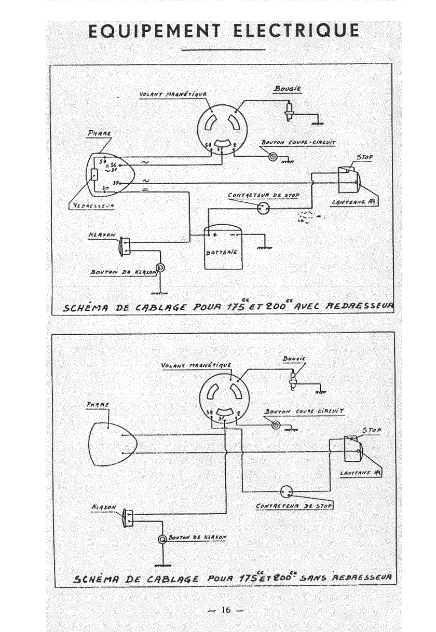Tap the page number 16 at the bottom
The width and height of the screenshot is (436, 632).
click(225, 610)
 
